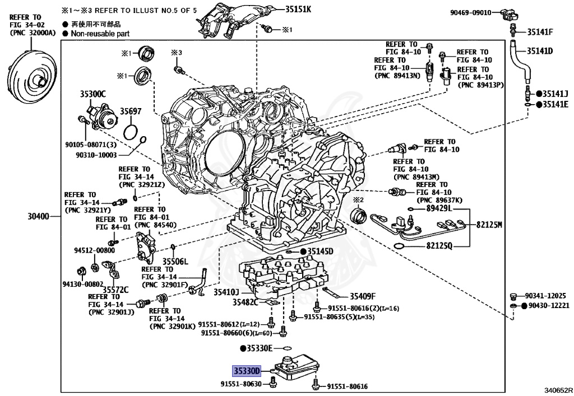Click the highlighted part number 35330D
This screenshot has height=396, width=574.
click(x=247, y=371)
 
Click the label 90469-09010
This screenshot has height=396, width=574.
click(x=471, y=12)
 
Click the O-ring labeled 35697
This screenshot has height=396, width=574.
click(x=131, y=132)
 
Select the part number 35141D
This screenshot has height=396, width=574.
click(x=539, y=51)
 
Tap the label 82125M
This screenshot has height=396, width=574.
click(x=489, y=225)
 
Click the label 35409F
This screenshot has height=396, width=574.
click(x=363, y=296)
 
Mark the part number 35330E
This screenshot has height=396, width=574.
click(x=259, y=348)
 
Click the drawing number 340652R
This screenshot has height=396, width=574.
click(x=558, y=390)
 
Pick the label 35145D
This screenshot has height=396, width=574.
click(x=320, y=251)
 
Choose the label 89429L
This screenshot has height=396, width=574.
click(x=439, y=208)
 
